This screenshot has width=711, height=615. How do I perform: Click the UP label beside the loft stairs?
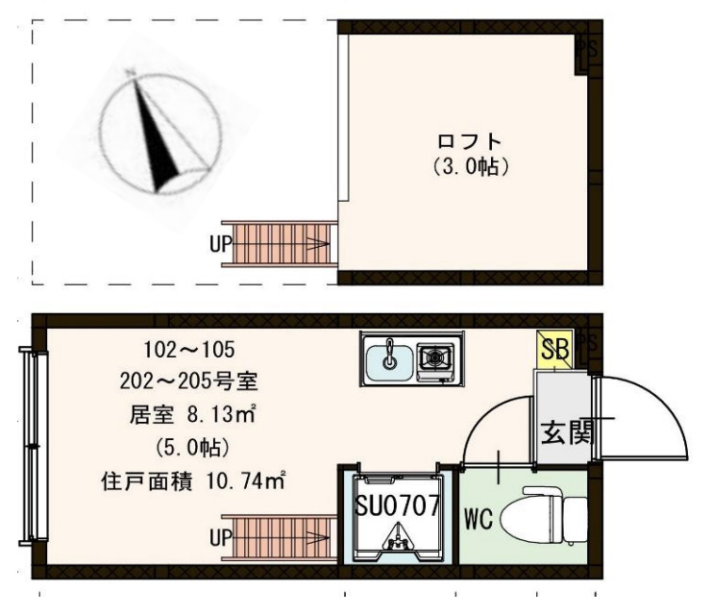pyautogui.click(x=220, y=244)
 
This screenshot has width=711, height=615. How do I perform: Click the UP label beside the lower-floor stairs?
pyautogui.click(x=220, y=539)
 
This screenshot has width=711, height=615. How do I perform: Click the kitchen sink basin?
pyautogui.click(x=390, y=359)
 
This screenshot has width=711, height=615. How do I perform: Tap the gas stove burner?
pyautogui.click(x=435, y=359)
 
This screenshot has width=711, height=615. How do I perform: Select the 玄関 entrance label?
pyautogui.click(x=565, y=430)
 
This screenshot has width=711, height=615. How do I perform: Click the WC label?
pyautogui.click(x=478, y=521)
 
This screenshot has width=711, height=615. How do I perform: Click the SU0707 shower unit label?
pyautogui.click(x=397, y=504)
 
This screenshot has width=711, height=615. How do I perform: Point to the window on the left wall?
pyautogui.click(x=38, y=447)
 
